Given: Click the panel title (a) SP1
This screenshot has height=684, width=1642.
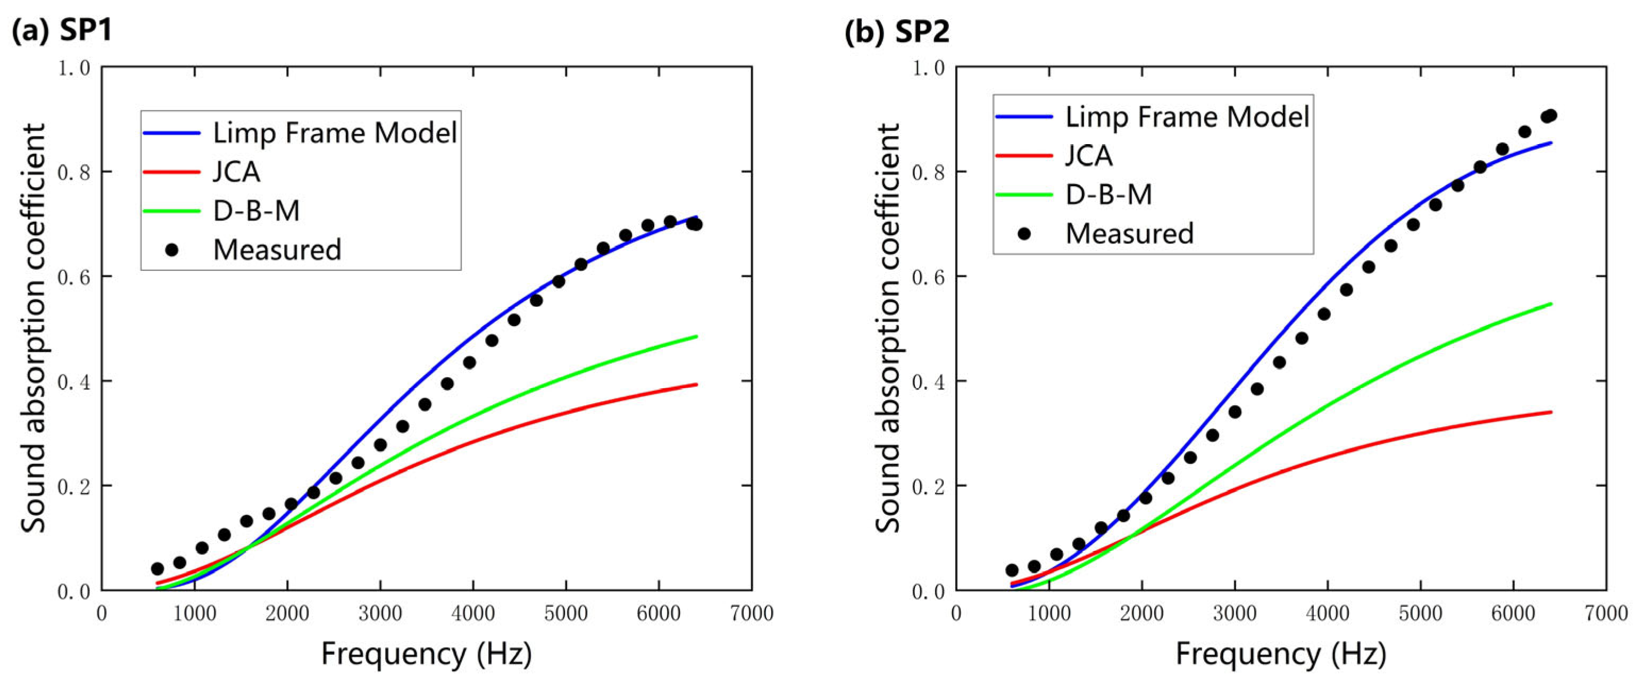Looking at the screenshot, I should pyautogui.click(x=62, y=31).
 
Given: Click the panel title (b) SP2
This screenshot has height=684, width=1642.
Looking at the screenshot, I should pyautogui.click(x=897, y=31).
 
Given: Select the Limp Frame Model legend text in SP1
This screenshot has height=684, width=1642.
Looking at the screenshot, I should pyautogui.click(x=335, y=132).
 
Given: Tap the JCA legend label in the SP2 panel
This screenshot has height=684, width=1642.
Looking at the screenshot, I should pyautogui.click(x=1089, y=155).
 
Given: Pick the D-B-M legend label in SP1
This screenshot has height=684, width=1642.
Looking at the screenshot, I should pyautogui.click(x=256, y=211).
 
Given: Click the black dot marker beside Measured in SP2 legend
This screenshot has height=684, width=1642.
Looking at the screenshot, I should pyautogui.click(x=1024, y=233).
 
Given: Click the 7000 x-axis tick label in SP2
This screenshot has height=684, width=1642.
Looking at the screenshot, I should pyautogui.click(x=1606, y=613).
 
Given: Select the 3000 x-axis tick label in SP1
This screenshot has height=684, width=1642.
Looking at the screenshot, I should pyautogui.click(x=380, y=613).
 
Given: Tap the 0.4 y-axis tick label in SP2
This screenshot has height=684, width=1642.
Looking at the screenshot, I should pyautogui.click(x=928, y=381).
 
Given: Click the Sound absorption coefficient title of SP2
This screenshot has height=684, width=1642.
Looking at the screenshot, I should pyautogui.click(x=887, y=328).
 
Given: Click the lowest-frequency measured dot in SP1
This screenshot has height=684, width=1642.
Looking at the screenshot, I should pyautogui.click(x=157, y=569).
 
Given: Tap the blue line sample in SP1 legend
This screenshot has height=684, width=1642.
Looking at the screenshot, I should pyautogui.click(x=171, y=132).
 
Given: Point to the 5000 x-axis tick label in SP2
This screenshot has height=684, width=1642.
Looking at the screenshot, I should pyautogui.click(x=1420, y=613).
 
